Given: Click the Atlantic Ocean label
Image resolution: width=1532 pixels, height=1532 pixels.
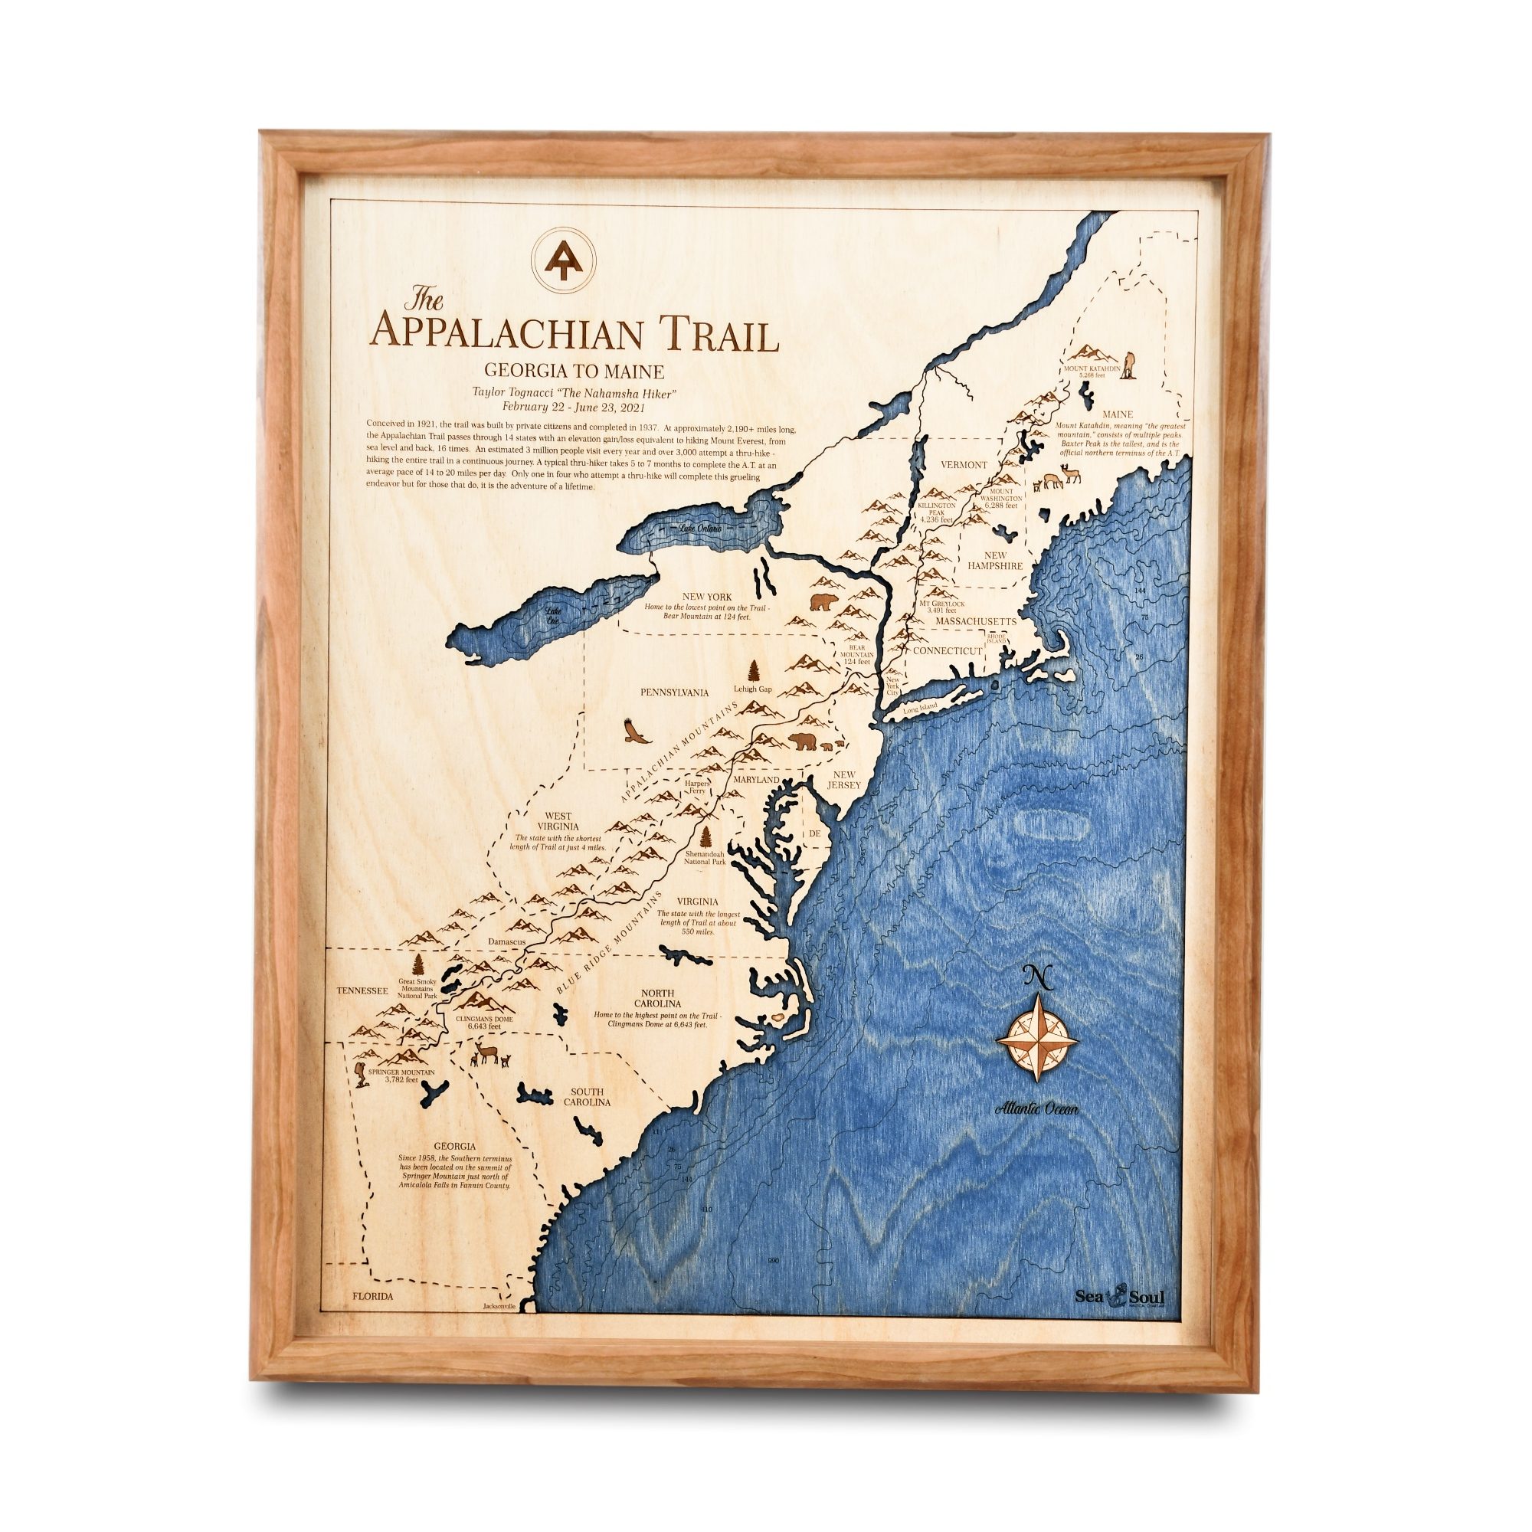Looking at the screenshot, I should coord(1036,1108).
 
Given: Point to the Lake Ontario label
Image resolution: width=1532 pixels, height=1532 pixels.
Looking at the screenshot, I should coord(695,528).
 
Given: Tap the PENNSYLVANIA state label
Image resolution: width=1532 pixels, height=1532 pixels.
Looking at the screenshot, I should coord(674,692).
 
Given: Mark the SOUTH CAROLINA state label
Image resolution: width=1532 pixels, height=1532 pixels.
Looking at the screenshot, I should coord(588,1098).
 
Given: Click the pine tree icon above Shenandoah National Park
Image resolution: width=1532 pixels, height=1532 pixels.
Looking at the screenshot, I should coord(705,837).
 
